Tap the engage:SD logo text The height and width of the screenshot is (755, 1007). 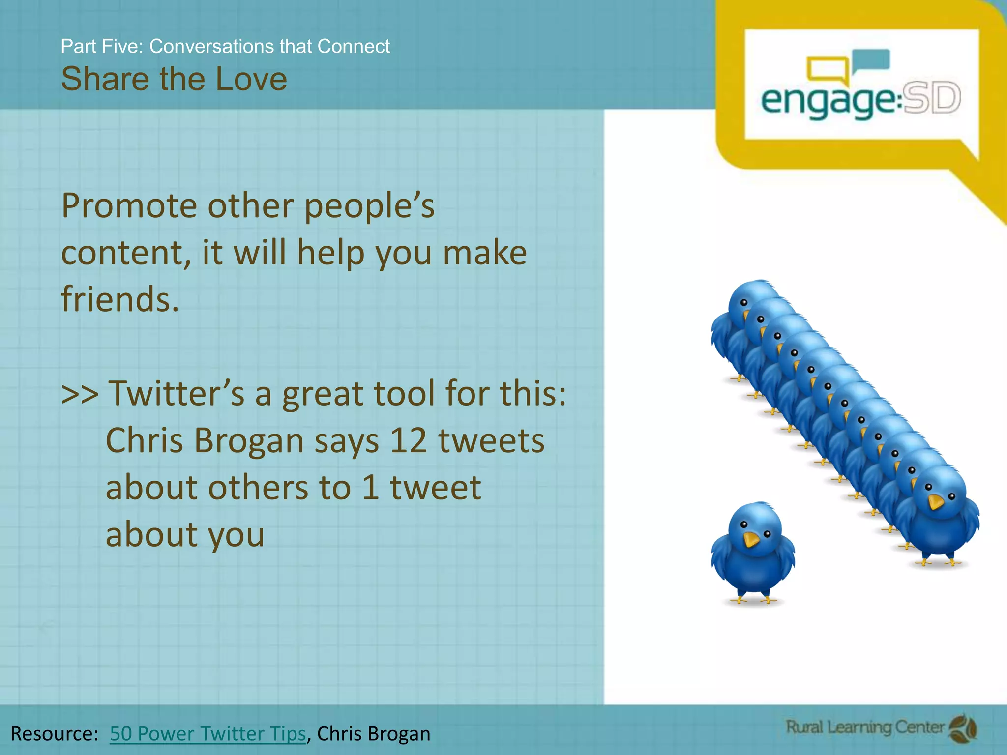(x=860, y=100)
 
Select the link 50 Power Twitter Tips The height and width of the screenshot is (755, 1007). (x=207, y=733)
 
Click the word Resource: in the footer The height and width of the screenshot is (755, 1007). (x=55, y=733)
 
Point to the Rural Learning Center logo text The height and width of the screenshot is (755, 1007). (x=865, y=727)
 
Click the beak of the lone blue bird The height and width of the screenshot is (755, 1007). (x=751, y=540)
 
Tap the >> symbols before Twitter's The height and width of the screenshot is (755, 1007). (x=80, y=394)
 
